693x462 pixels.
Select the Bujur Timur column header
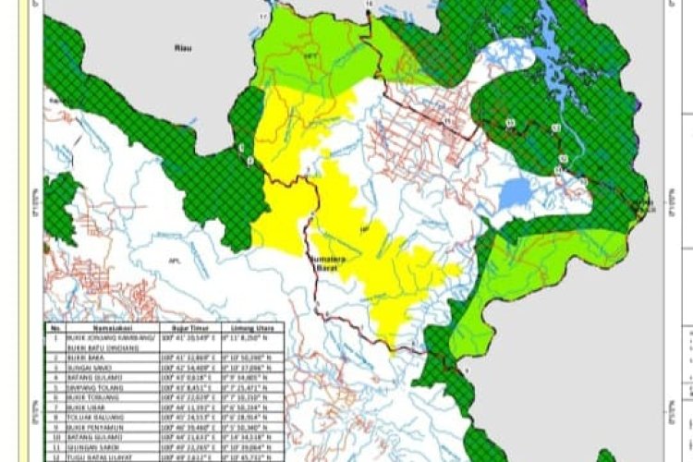point(184,327)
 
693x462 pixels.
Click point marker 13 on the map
point(510,121)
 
